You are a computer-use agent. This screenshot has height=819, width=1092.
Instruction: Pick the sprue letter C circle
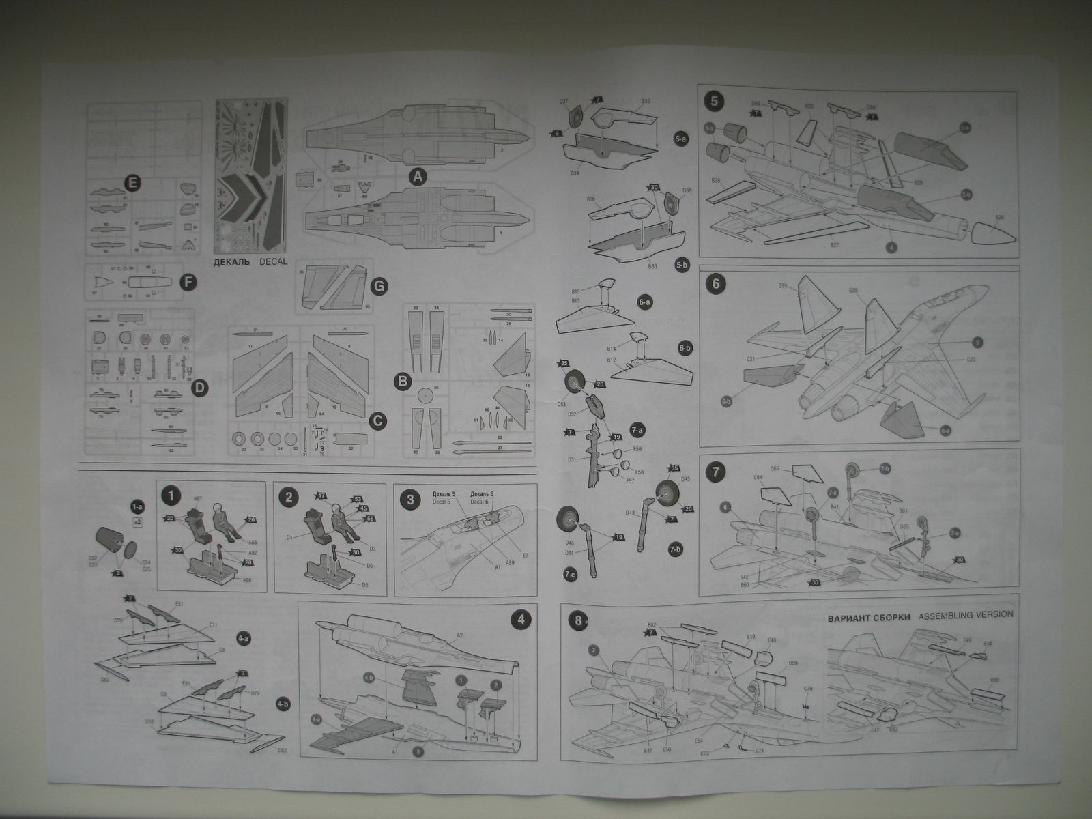375,421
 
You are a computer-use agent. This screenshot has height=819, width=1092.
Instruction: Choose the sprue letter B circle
403,378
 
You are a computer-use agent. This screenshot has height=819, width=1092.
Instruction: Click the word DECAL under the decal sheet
273,262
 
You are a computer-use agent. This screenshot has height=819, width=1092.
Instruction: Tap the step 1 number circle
171,496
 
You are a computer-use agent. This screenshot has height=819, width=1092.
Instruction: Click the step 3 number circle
409,499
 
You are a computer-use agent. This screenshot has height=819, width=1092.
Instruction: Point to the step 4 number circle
521,620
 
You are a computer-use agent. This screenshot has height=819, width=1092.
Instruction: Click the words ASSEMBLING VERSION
966,614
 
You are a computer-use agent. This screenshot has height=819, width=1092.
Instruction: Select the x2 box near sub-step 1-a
137,522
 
